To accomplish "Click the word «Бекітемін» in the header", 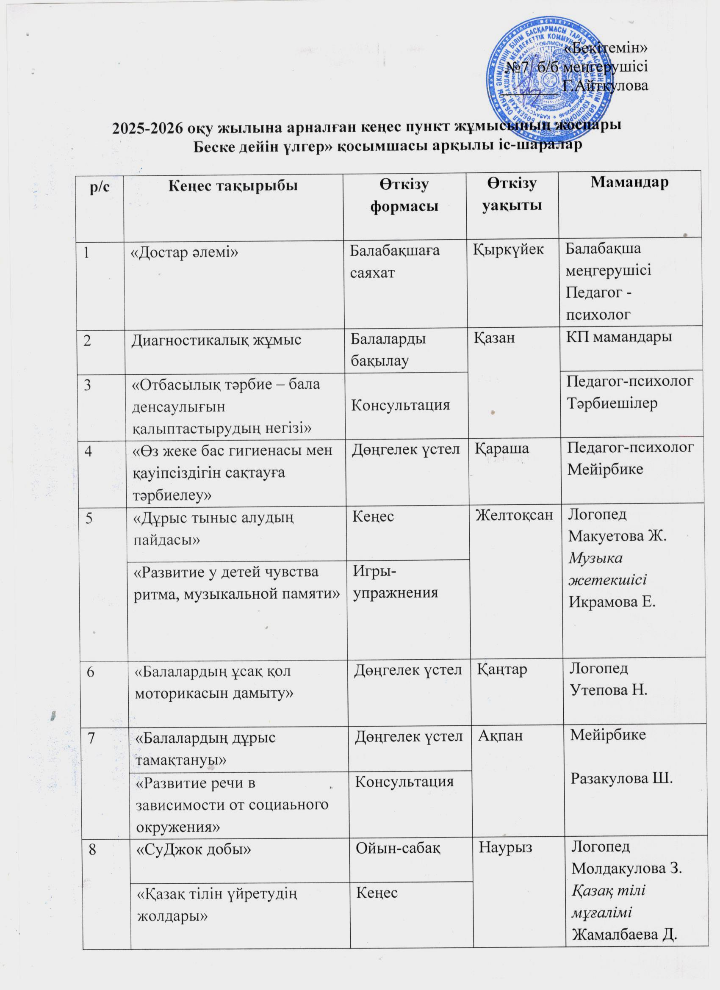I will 606,48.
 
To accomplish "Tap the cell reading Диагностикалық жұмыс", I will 216,340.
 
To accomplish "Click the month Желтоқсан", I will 514,515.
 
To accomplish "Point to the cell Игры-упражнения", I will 395,581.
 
